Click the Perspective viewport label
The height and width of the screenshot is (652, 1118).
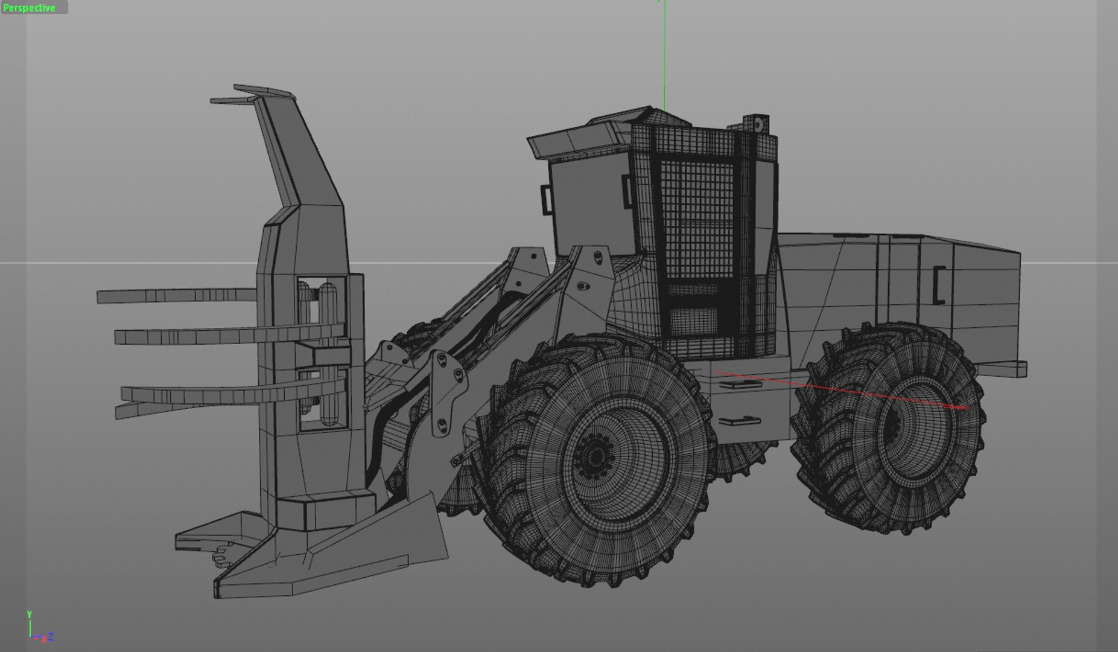pyautogui.click(x=30, y=8)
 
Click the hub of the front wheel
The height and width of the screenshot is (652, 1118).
pyautogui.click(x=595, y=457)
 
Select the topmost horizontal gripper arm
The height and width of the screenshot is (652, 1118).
pyautogui.click(x=175, y=295)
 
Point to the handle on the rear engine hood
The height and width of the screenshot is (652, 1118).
pyautogui.click(x=938, y=284)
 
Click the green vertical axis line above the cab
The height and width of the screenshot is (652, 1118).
pyautogui.click(x=664, y=54)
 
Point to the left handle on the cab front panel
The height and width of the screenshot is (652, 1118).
pyautogui.click(x=547, y=199)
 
